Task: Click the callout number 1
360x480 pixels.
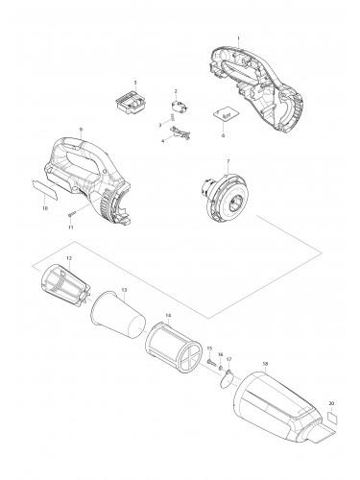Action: [x=238, y=38]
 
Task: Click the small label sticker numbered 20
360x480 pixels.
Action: [x=331, y=420]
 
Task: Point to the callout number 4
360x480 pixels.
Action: [x=163, y=141]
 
